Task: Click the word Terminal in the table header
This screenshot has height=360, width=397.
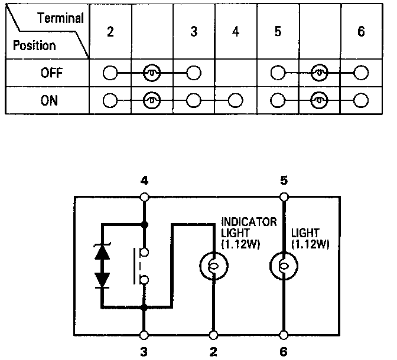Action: (x=60, y=18)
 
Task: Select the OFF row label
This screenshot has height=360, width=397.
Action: (x=49, y=74)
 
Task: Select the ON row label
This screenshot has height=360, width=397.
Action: (x=49, y=100)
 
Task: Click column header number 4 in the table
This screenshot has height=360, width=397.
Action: (x=236, y=32)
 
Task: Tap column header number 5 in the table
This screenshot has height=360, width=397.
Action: (x=278, y=32)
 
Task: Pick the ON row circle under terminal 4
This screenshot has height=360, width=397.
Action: (x=236, y=100)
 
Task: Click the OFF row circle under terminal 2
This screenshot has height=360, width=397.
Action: (x=110, y=74)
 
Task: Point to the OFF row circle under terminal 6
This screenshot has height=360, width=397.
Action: (x=361, y=74)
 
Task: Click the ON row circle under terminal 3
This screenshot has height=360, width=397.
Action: (x=194, y=100)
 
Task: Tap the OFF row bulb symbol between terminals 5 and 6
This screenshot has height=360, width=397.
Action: (x=320, y=74)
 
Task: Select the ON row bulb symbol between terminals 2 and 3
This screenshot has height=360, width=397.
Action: (x=152, y=100)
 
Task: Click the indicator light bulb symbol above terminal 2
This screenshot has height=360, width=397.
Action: (x=213, y=266)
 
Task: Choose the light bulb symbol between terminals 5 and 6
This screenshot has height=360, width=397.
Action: (x=284, y=266)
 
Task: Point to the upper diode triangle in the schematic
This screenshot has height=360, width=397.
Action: (x=102, y=253)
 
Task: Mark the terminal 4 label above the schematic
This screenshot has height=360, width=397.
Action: (x=144, y=179)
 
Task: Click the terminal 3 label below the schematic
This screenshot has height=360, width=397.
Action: (x=144, y=352)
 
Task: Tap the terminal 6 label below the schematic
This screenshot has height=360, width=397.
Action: (x=284, y=352)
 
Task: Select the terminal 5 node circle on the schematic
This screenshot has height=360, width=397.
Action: (x=284, y=197)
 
